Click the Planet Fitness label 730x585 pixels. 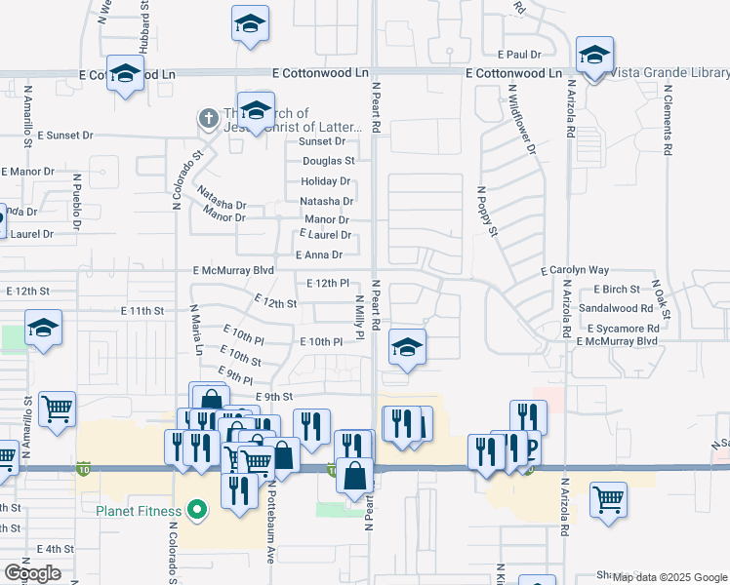click(138, 511)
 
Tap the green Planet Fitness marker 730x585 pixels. click(196, 510)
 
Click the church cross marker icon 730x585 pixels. click(207, 119)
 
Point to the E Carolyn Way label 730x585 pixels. click(575, 270)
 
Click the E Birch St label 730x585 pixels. click(617, 290)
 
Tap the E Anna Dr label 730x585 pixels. click(319, 255)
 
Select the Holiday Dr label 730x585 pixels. click(326, 181)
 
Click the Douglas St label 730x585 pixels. click(328, 161)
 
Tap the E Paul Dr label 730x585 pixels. click(518, 55)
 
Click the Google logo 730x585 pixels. click(32, 573)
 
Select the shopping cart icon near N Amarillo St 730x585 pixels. click(57, 410)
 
